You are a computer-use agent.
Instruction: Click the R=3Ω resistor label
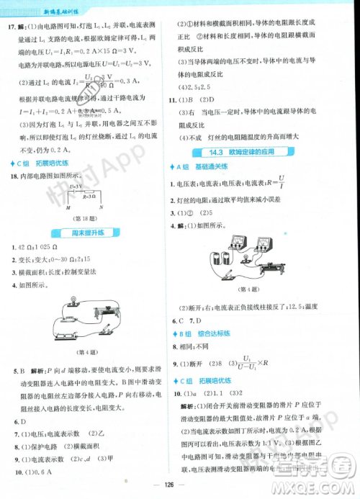89,195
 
